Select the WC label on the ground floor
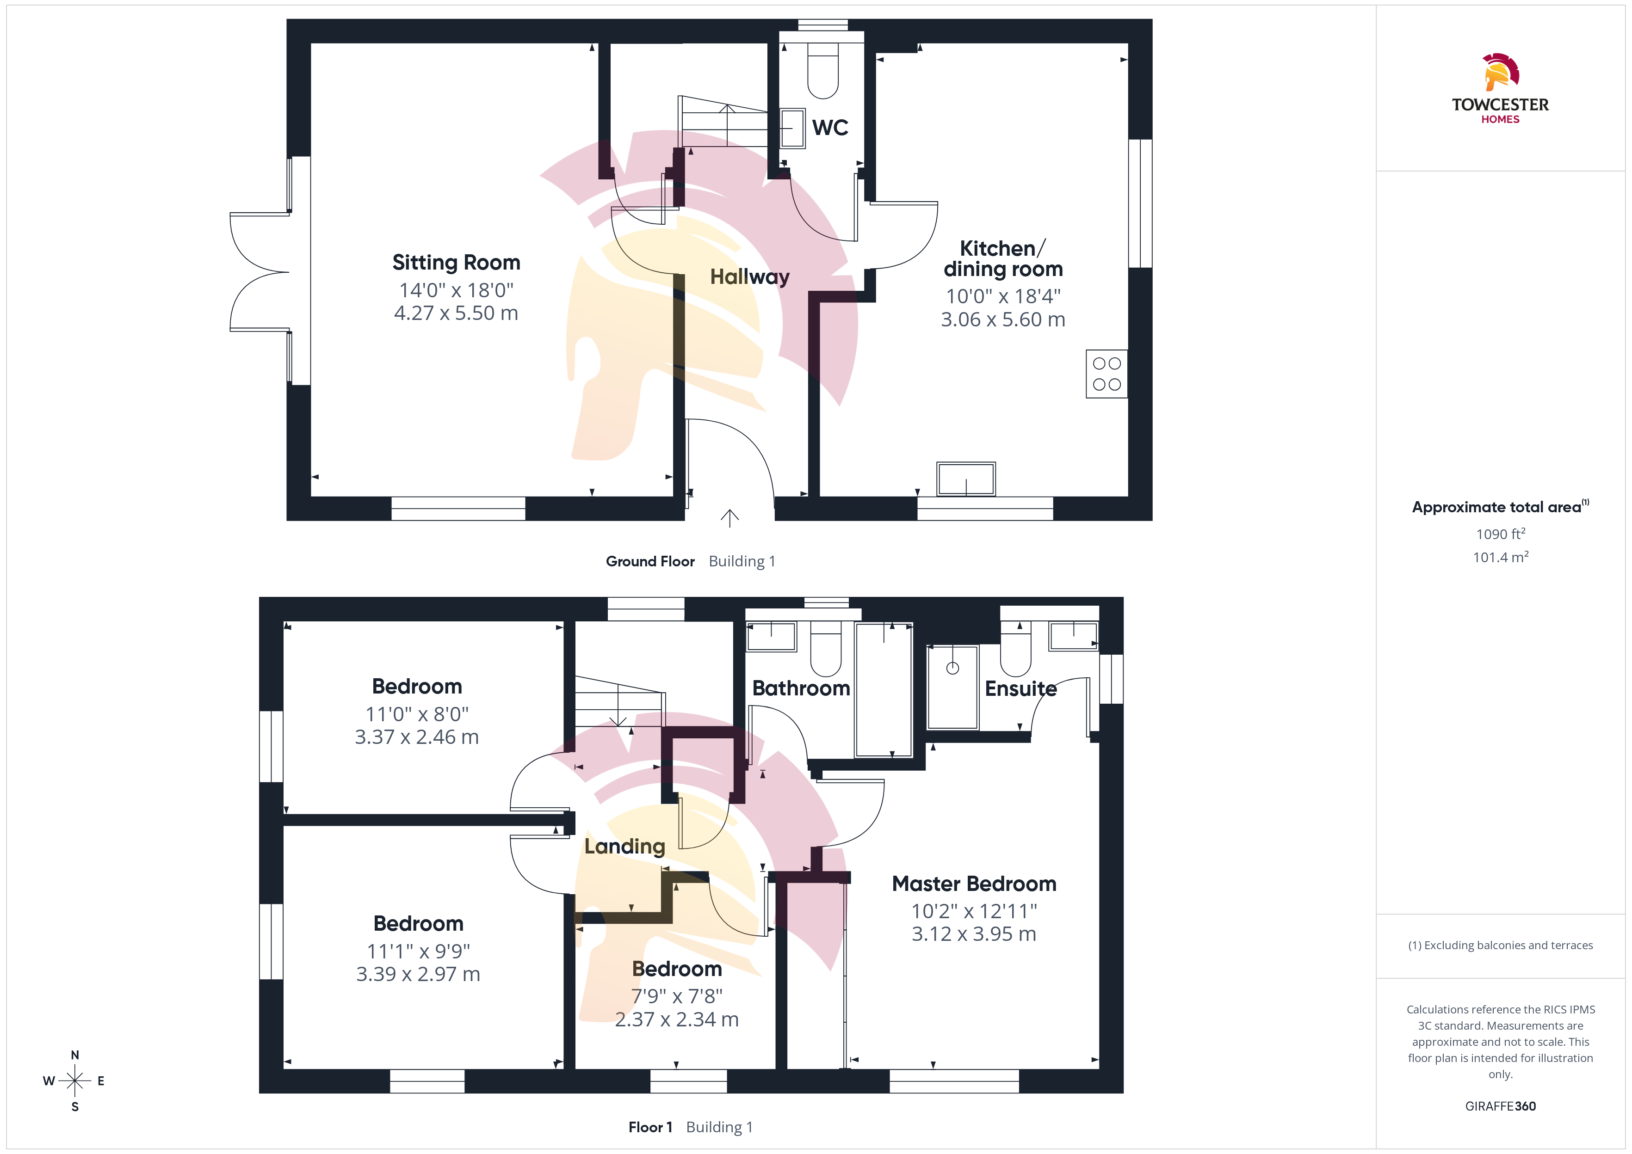click(x=830, y=128)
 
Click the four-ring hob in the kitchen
click(x=1106, y=374)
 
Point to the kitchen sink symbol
click(x=965, y=479)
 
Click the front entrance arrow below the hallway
click(x=729, y=518)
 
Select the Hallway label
click(x=750, y=276)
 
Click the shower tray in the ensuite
click(x=952, y=687)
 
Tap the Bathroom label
click(x=801, y=688)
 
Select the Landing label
click(x=625, y=847)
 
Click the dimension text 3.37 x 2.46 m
click(x=416, y=737)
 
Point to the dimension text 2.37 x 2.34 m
click(x=677, y=1020)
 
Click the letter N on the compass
click(x=74, y=1055)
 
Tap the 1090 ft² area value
click(x=1501, y=534)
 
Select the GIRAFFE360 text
click(x=1501, y=1106)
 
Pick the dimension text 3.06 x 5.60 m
click(x=1003, y=320)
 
